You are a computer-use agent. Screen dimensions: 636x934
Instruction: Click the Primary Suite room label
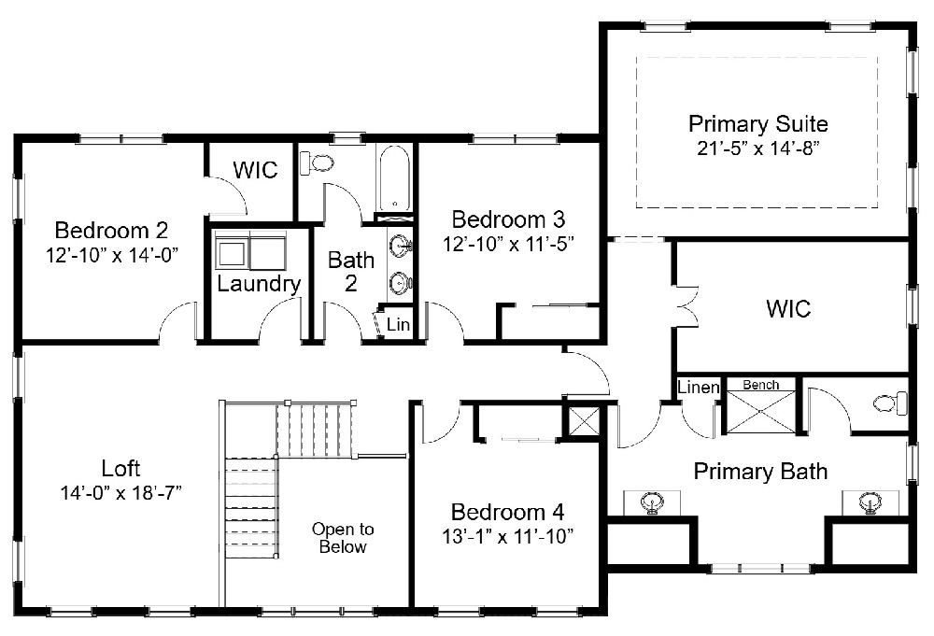757,123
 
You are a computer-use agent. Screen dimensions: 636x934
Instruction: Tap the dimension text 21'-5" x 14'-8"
757,148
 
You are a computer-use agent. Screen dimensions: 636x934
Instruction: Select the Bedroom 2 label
111,230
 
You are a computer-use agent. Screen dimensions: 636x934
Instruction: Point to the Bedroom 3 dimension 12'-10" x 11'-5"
508,244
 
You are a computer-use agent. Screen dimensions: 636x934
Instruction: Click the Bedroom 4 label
507,512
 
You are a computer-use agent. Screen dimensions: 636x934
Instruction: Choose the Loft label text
120,468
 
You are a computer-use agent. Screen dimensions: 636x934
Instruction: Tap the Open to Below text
343,538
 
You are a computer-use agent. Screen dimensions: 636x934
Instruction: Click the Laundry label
259,284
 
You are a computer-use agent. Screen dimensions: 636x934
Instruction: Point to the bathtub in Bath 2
396,178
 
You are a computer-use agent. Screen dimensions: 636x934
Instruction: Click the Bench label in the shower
760,385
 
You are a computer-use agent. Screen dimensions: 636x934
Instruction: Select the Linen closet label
698,388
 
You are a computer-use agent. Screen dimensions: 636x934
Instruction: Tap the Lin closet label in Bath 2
399,325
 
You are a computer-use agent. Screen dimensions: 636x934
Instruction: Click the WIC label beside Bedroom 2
255,171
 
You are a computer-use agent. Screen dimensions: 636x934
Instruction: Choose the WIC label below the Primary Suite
788,308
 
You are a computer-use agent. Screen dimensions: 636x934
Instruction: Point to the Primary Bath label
760,471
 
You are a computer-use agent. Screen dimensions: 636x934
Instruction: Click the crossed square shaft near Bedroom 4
584,421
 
